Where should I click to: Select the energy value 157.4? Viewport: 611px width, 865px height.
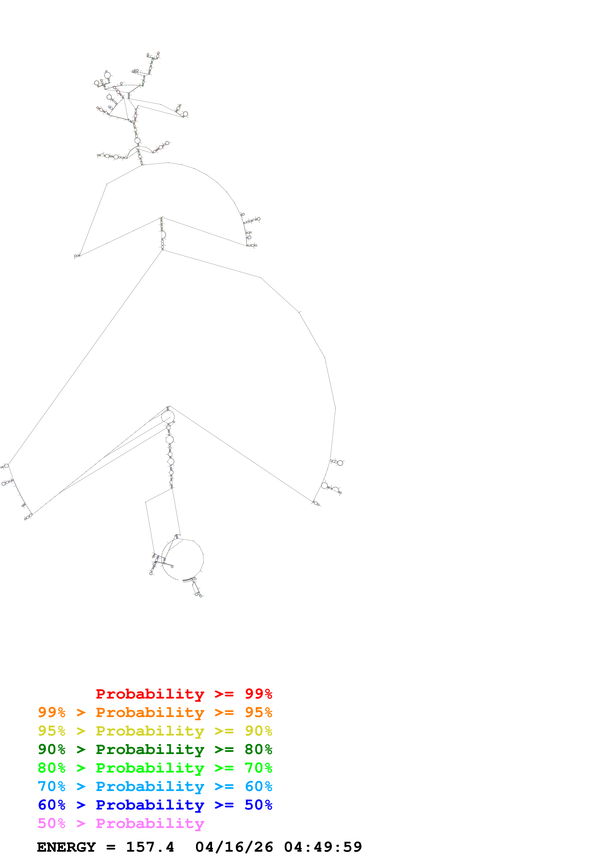[150, 847]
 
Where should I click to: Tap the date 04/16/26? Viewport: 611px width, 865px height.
[234, 847]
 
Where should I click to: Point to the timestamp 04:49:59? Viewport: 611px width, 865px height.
[323, 847]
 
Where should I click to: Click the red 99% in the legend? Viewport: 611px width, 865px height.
[258, 694]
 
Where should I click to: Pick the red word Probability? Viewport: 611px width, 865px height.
[150, 694]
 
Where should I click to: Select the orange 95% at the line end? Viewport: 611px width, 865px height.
[258, 712]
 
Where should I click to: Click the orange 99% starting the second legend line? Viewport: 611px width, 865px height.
[52, 712]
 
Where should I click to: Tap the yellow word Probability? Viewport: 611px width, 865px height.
[150, 731]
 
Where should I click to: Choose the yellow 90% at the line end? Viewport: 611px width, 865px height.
[258, 731]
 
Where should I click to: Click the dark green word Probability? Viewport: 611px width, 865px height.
[150, 749]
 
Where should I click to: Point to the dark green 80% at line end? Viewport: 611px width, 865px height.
[258, 749]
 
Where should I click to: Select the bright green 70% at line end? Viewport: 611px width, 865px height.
[258, 768]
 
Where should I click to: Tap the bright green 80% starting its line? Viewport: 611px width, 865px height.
[52, 768]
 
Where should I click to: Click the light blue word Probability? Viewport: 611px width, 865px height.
[150, 786]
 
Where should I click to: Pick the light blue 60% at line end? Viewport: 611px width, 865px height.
[258, 786]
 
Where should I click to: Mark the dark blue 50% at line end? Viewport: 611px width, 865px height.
[258, 805]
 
